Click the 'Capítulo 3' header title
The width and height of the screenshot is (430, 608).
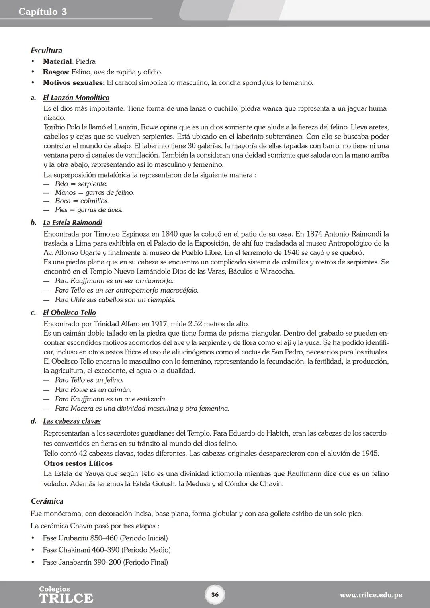tap(43, 12)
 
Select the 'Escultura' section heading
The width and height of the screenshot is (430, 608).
tap(47, 51)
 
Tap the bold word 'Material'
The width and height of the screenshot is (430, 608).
tap(57, 61)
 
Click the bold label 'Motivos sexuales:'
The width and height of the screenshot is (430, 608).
tap(74, 83)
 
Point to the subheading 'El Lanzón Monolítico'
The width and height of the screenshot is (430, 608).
tap(76, 98)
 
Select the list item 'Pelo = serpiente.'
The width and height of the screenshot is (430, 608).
tap(81, 184)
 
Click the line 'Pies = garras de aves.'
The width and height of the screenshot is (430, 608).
tap(88, 210)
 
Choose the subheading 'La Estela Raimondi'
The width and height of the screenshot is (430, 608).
tap(72, 223)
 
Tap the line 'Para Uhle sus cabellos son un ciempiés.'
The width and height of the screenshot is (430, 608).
tap(115, 300)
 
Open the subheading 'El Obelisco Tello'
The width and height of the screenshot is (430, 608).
tap(69, 313)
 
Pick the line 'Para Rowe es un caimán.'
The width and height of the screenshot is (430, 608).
tap(93, 389)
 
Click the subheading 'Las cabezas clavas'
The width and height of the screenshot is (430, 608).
tap(72, 421)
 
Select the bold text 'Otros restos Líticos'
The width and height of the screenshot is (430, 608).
tap(78, 463)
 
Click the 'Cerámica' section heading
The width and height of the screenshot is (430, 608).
tap(47, 501)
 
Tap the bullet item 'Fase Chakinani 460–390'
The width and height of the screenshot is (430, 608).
tap(106, 550)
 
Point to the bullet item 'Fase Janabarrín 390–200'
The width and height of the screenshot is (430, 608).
tap(105, 562)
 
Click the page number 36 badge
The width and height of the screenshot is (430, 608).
tap(215, 595)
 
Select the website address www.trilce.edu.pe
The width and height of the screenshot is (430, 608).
tap(371, 595)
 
